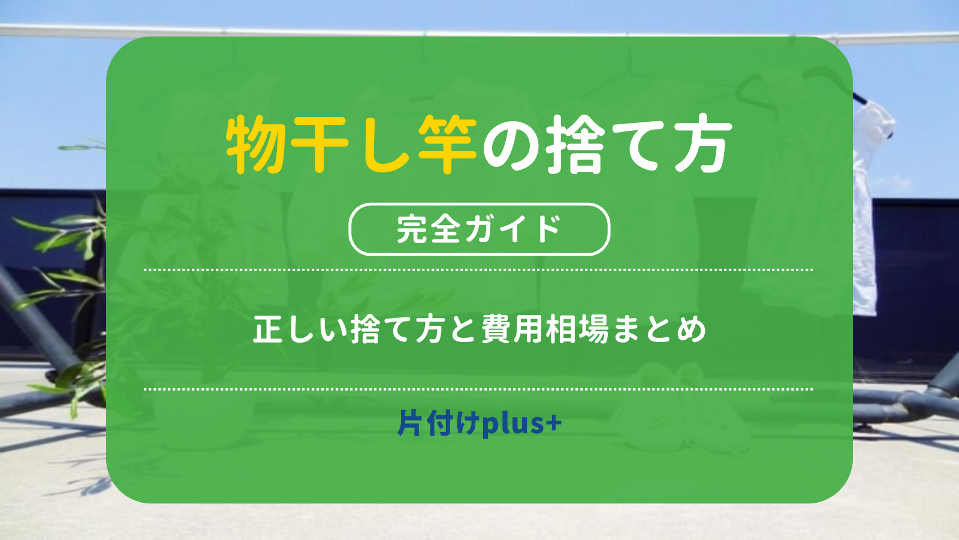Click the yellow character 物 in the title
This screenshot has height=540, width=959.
[x=255, y=145]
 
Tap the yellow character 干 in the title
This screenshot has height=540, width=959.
[x=320, y=145]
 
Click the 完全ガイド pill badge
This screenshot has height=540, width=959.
[x=479, y=229]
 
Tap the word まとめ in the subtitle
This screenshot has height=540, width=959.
[x=659, y=329]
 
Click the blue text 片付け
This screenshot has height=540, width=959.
[x=438, y=422]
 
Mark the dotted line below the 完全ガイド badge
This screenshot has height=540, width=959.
[x=479, y=270]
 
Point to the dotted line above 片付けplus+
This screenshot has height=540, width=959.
[x=479, y=389]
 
